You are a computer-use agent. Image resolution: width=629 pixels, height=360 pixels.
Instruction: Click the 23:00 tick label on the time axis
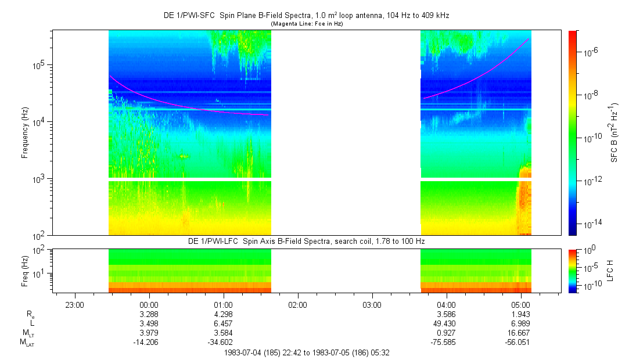(75, 304)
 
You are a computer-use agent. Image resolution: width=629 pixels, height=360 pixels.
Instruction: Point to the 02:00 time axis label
(297, 304)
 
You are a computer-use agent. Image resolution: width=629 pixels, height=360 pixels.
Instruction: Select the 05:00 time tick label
(520, 304)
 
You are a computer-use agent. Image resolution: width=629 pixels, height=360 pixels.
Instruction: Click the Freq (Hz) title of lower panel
(25, 271)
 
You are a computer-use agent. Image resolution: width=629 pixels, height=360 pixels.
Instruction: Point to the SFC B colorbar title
(614, 132)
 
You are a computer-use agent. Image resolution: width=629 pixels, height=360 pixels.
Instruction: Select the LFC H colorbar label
(610, 271)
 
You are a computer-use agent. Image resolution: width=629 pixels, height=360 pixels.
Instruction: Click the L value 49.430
(446, 323)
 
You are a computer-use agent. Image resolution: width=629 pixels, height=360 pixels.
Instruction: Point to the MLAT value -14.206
(149, 343)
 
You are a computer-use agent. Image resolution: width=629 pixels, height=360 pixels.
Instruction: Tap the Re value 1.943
(520, 314)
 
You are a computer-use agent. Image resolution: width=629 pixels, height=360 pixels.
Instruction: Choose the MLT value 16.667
(520, 333)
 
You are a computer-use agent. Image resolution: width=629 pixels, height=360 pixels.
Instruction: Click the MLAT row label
(27, 343)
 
